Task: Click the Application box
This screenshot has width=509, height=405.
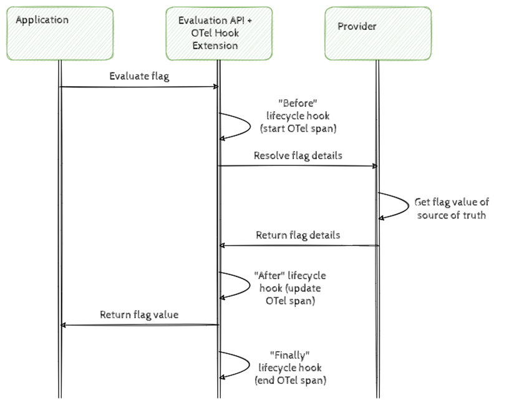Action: click(x=60, y=32)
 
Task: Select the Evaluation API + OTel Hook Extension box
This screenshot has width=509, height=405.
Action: click(x=217, y=32)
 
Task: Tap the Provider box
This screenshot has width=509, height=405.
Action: click(x=377, y=32)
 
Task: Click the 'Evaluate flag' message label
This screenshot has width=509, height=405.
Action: click(x=139, y=77)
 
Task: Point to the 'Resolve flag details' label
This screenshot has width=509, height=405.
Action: click(x=298, y=155)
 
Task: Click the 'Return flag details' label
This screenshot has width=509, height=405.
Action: click(x=298, y=235)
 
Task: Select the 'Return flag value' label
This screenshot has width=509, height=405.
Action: click(x=139, y=315)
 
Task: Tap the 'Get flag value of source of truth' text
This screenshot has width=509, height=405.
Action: click(x=452, y=208)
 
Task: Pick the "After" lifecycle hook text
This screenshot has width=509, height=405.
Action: click(x=289, y=288)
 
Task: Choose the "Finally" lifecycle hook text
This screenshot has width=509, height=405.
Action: click(x=290, y=368)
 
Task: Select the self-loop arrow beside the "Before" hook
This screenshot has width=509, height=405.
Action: click(x=235, y=126)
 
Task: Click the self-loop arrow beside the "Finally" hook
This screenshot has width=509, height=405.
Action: click(x=235, y=364)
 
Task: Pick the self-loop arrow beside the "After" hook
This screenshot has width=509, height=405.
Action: click(x=235, y=285)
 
